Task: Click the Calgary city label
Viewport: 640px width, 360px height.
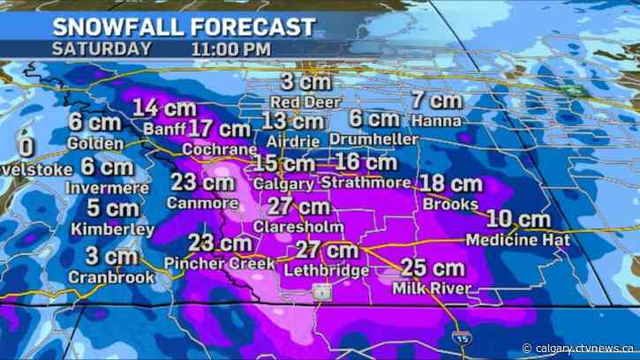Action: pyautogui.click(x=282, y=184)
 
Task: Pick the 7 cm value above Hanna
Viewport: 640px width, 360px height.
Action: pyautogui.click(x=431, y=100)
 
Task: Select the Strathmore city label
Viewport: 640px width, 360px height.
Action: pyautogui.click(x=366, y=183)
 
